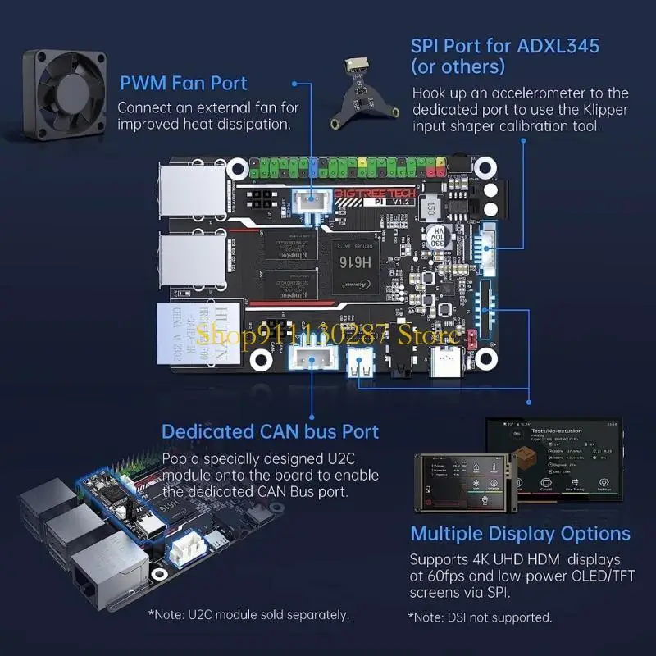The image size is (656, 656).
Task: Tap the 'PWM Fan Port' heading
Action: tap(184, 83)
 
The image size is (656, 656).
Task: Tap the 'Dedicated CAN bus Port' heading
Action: tap(270, 431)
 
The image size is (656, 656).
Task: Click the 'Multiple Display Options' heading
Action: tap(520, 534)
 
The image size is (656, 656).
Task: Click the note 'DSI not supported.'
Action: tap(480, 617)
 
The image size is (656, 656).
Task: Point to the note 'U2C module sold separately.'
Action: tap(248, 614)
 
